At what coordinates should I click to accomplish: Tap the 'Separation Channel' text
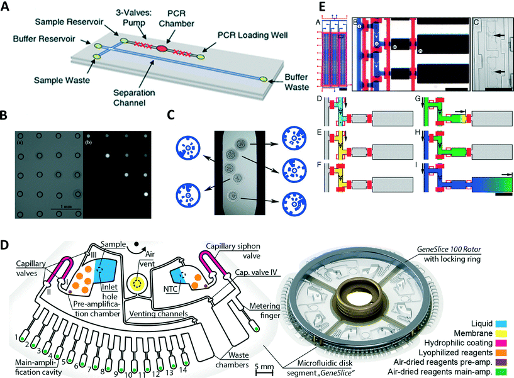tap(165, 92)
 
